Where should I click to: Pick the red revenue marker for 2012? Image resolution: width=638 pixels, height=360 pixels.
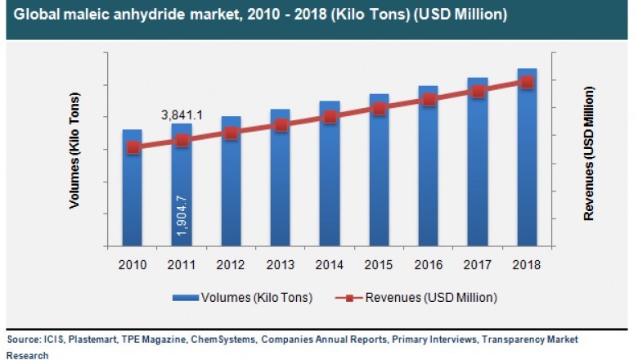coord(231,133)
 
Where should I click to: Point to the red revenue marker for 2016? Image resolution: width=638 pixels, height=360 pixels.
coord(429,100)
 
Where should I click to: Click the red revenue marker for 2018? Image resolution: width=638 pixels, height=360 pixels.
coord(527,82)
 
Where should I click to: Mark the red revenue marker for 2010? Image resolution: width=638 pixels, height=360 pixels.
coord(133,148)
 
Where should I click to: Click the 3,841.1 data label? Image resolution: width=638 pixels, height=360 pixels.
coord(181,115)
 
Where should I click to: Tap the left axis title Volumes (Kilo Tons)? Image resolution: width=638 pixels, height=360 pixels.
coord(75,152)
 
